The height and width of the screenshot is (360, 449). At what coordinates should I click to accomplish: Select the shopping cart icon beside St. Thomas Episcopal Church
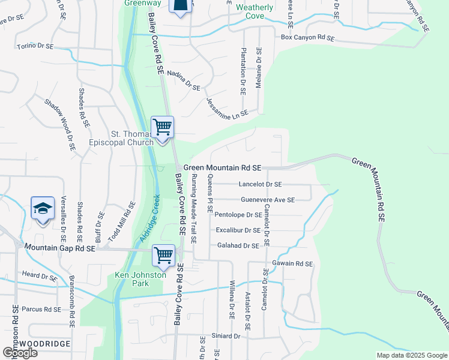click(162, 127)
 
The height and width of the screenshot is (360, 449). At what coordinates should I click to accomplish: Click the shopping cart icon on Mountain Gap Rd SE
click(163, 255)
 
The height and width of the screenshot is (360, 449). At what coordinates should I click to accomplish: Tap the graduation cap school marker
click(43, 208)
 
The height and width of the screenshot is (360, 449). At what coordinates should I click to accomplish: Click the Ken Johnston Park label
click(138, 280)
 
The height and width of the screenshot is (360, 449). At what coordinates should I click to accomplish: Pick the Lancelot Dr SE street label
click(259, 185)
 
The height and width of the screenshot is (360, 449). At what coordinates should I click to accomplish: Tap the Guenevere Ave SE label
click(267, 200)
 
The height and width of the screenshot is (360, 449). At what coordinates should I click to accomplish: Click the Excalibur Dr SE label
click(238, 230)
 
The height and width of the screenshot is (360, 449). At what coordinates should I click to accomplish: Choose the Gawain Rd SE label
click(292, 263)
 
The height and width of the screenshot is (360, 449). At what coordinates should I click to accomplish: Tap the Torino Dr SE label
click(35, 46)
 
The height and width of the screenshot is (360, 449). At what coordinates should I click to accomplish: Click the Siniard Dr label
click(225, 337)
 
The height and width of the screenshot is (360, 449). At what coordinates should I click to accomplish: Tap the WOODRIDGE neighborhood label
click(44, 344)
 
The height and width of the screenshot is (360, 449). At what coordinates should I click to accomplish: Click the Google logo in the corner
click(20, 353)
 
